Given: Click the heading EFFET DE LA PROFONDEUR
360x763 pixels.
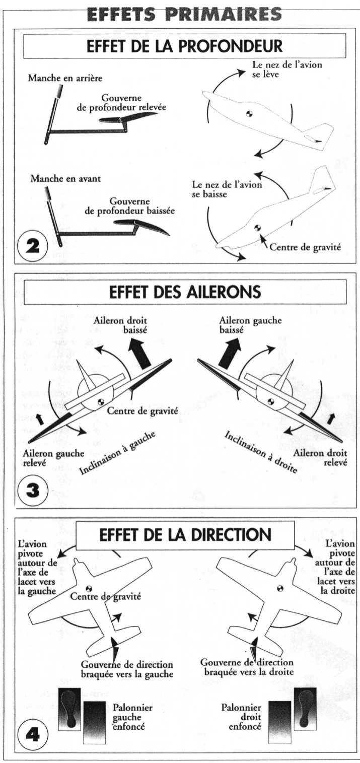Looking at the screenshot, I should (184, 46).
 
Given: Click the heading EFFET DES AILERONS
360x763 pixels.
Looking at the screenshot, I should (185, 292).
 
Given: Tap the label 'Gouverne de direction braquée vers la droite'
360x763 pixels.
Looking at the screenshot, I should (247, 667).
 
